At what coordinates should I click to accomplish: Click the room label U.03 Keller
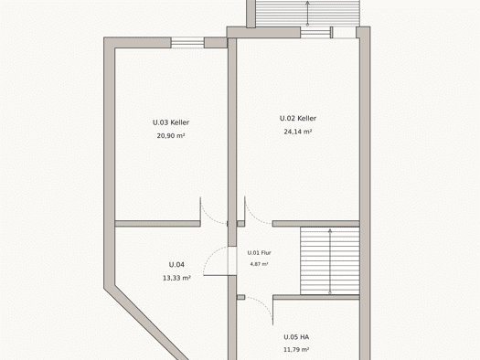(x=171, y=122)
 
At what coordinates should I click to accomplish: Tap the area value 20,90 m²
(x=171, y=136)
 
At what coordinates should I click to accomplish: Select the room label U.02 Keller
(x=298, y=119)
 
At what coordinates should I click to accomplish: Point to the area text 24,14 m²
(x=298, y=132)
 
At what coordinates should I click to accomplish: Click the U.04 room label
(x=176, y=265)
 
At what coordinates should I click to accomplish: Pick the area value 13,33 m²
(x=176, y=278)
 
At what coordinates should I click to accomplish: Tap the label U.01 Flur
(x=260, y=253)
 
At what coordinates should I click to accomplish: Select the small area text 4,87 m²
(x=260, y=264)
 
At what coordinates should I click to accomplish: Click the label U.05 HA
(x=296, y=337)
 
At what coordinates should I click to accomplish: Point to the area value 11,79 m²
(x=296, y=350)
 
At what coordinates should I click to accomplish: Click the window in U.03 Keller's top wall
(x=187, y=43)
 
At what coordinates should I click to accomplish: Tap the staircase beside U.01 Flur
(x=330, y=261)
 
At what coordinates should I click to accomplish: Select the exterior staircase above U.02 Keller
(x=307, y=13)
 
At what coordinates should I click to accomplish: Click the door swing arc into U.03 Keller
(x=210, y=217)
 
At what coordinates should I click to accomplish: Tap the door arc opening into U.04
(x=212, y=258)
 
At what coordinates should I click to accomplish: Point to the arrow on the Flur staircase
(x=330, y=261)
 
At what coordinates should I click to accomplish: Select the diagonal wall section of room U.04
(x=146, y=323)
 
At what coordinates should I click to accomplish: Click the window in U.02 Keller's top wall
(x=315, y=32)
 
